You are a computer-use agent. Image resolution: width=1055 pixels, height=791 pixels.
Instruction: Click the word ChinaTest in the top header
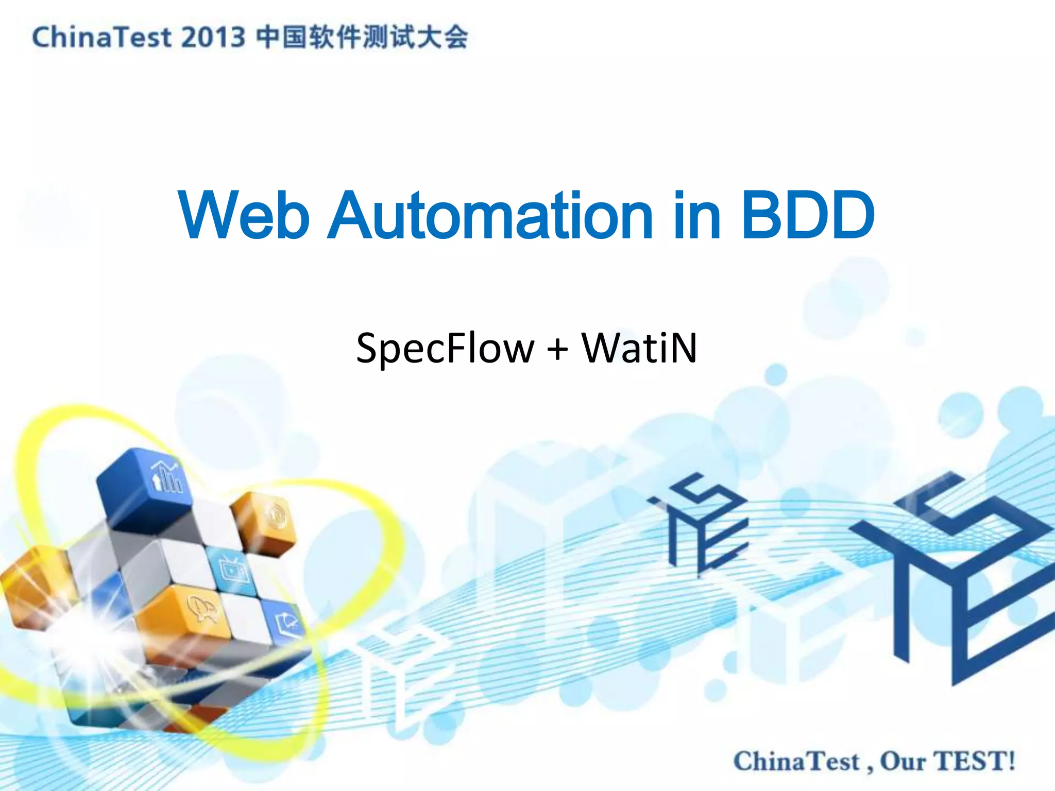click(x=101, y=38)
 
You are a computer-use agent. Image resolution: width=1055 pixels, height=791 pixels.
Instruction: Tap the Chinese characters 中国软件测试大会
click(x=362, y=38)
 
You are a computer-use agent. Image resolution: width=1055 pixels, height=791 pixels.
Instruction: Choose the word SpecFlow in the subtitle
click(x=445, y=349)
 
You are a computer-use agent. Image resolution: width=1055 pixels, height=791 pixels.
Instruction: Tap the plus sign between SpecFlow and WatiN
click(x=557, y=349)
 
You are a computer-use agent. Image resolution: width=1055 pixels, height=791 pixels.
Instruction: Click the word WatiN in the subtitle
click(x=639, y=348)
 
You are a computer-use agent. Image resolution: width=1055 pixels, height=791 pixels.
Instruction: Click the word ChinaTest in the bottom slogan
click(x=796, y=762)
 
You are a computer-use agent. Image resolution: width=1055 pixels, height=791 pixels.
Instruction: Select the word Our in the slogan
click(x=903, y=762)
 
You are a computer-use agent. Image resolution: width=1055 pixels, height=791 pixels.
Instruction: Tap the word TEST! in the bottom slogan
click(x=975, y=762)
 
